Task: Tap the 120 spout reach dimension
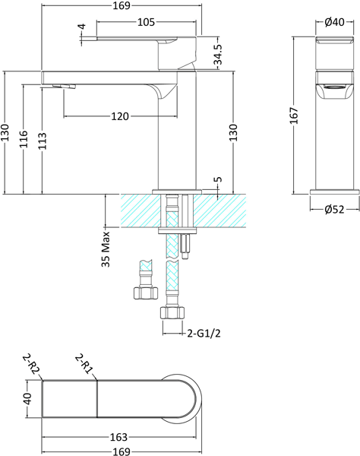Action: coord(118,116)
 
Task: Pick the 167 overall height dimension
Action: coord(293,115)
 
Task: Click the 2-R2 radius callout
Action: coord(30,364)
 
